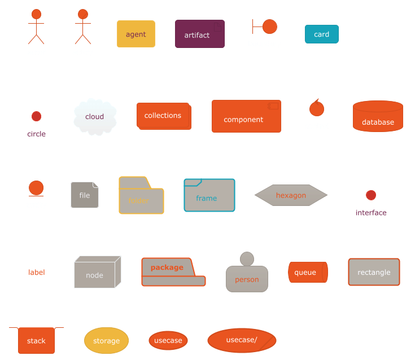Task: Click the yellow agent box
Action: click(136, 34)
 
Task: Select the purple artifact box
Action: click(199, 34)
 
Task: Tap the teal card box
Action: click(321, 34)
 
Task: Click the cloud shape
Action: click(95, 117)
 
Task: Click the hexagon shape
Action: click(291, 195)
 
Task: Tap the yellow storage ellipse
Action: click(106, 341)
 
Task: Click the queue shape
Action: click(307, 272)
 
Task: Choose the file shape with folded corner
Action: click(85, 195)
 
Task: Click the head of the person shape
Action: click(247, 259)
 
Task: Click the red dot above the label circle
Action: click(36, 116)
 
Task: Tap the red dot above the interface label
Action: click(370, 195)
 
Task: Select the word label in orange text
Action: click(37, 273)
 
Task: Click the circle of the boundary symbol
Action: click(270, 27)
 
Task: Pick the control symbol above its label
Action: click(317, 108)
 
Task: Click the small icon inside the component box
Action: click(273, 106)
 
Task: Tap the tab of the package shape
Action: click(167, 267)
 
